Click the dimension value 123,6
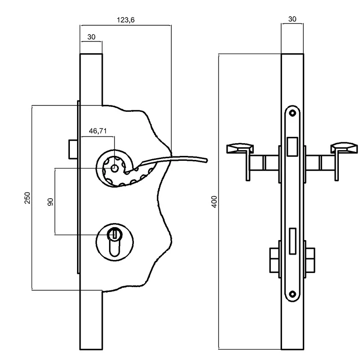pos(126,20)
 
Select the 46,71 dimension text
pos(98,131)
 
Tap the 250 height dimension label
pos(27,198)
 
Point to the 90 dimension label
pos(50,202)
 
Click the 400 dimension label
pos(214,202)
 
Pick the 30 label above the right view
pos(292,19)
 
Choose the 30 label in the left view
pos(91,37)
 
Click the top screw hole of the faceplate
pos(292,113)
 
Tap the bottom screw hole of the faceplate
pos(292,294)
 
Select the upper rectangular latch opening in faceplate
pos(292,147)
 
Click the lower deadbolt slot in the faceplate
pos(292,241)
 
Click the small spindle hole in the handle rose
pos(114,169)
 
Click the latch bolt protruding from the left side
pos(73,149)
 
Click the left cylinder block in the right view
pos(274,260)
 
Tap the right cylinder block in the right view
pos(310,260)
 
